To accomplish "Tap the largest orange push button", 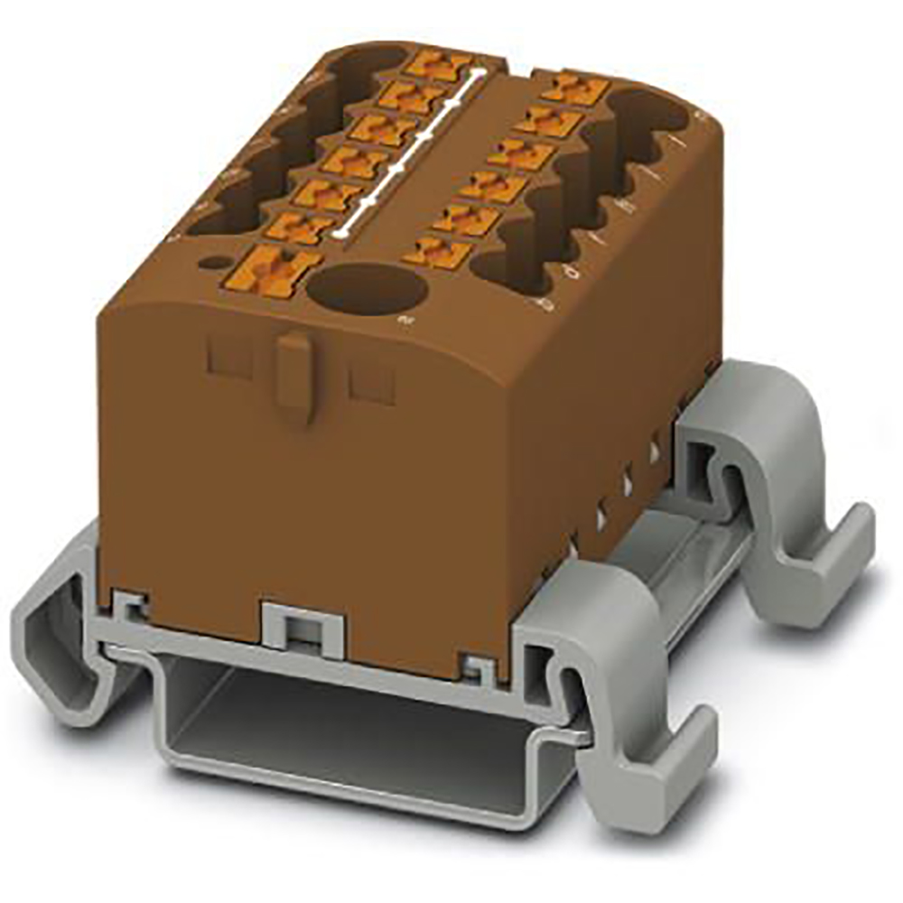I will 281,268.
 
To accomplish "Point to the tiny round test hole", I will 215,263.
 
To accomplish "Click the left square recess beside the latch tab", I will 229,356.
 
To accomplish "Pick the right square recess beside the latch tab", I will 371,380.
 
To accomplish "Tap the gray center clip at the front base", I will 302,624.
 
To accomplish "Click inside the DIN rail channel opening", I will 343,722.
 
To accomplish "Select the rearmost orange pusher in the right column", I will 575,88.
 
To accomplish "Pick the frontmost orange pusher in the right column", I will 438,252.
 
